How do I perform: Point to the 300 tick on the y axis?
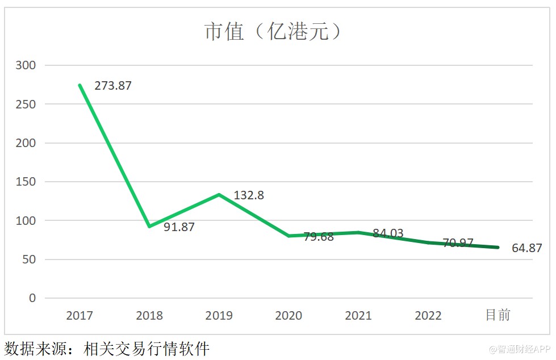[26, 65]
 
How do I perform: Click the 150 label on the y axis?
[26, 182]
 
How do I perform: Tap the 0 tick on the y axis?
[32, 298]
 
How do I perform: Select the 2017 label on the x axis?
[79, 316]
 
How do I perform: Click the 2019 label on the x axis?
[219, 316]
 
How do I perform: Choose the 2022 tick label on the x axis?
[428, 316]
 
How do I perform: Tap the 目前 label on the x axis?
[498, 315]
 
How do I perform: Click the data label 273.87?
[112, 86]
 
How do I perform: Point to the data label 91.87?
[179, 227]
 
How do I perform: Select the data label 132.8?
[249, 195]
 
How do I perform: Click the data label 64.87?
[526, 248]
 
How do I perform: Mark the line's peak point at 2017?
[80, 85]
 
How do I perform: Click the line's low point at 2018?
[149, 227]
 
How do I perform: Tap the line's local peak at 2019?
[219, 195]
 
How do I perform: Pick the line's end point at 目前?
[498, 248]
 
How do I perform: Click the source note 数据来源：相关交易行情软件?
[107, 348]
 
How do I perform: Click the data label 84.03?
[388, 233]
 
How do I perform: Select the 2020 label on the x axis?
[289, 316]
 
